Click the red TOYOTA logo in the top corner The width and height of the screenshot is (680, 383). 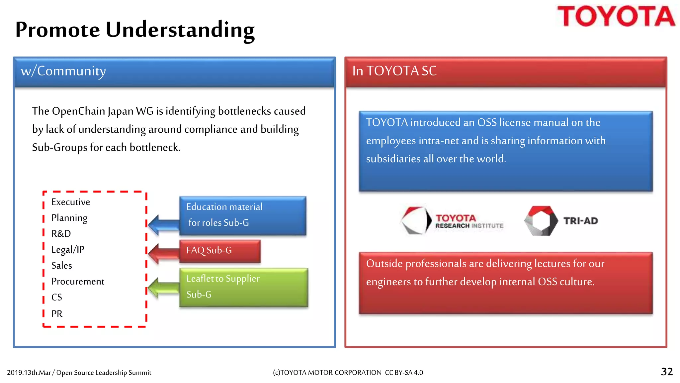(x=616, y=16)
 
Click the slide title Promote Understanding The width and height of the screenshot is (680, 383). (x=135, y=30)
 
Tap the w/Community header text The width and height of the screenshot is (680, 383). (x=63, y=71)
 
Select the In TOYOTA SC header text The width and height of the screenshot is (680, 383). (x=394, y=71)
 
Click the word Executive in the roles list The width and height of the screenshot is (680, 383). (x=71, y=202)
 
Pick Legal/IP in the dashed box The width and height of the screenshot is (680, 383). (x=68, y=249)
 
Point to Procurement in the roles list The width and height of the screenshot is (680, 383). (x=78, y=281)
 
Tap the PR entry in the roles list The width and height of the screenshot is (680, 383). (x=57, y=314)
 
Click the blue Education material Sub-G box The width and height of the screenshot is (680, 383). (x=242, y=215)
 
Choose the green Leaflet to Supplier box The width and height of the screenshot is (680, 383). (x=243, y=287)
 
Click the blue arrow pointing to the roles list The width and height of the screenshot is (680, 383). (x=163, y=225)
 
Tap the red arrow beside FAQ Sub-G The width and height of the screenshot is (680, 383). (x=163, y=253)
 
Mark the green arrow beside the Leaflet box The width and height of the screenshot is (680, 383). (x=163, y=288)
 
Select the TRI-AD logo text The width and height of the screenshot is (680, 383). (x=580, y=221)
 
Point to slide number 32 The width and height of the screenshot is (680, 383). (x=666, y=372)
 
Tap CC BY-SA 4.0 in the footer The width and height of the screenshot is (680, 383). (x=404, y=373)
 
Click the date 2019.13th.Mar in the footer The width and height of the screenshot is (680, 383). (x=29, y=373)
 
